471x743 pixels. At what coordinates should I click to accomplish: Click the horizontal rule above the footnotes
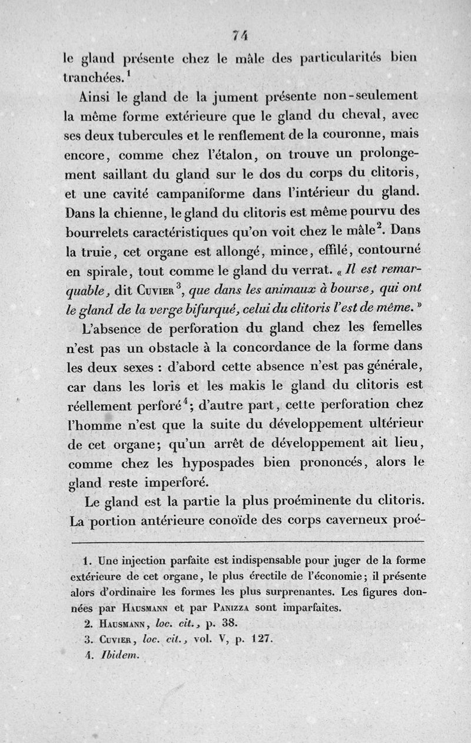click(x=247, y=541)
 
